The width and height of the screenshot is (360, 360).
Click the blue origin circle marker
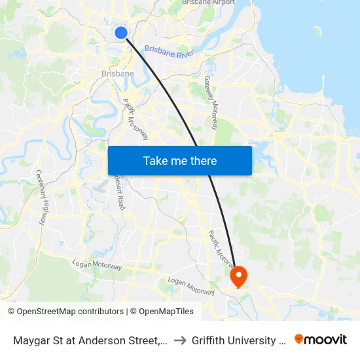(120, 32)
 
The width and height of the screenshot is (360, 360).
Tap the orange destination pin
(238, 277)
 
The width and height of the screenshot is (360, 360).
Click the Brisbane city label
(117, 73)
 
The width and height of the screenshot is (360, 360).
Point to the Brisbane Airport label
(208, 3)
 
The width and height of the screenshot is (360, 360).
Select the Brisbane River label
(169, 52)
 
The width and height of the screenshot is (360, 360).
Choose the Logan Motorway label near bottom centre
(190, 285)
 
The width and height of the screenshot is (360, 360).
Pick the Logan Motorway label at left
(98, 266)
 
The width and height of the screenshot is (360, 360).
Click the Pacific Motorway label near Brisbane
(136, 119)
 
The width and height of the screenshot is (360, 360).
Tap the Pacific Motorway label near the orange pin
(221, 248)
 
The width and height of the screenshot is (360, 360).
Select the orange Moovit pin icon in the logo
(299, 339)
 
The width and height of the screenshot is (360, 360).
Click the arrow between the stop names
(179, 340)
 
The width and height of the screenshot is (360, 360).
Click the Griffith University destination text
(238, 340)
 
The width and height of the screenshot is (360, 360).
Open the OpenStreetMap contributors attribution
(71, 312)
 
